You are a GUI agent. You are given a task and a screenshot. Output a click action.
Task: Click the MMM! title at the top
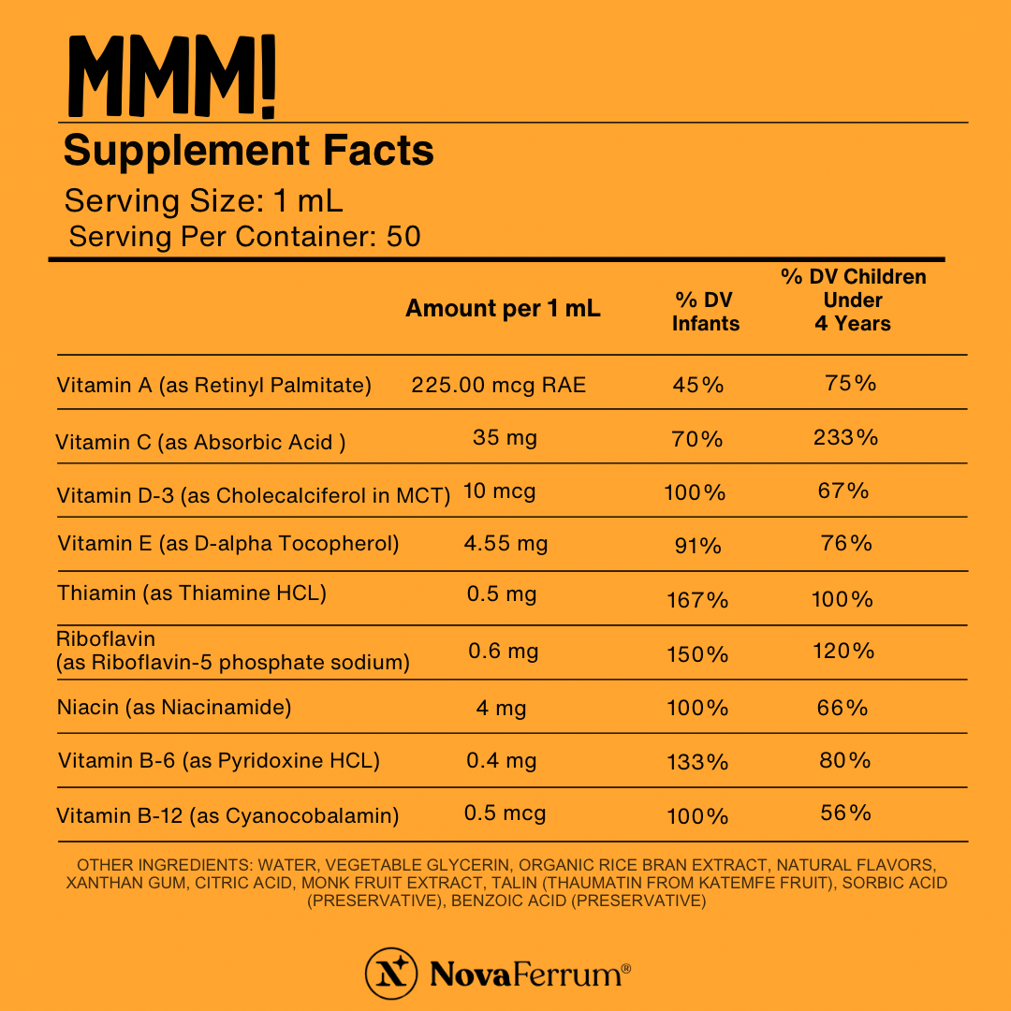point(172,77)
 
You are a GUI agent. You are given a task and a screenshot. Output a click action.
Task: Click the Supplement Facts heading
point(248,151)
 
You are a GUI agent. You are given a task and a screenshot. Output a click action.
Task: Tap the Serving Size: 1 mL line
point(204,201)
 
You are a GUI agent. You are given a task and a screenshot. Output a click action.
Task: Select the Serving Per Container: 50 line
point(244,237)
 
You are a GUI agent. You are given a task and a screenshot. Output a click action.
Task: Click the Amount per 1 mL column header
point(503,309)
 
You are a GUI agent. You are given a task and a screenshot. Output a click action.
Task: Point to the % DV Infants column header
point(705,312)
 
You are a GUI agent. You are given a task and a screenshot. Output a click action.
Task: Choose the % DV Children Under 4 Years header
point(853,300)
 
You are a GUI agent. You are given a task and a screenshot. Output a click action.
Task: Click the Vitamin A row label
point(214,386)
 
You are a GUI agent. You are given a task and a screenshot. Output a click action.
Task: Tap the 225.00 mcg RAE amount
point(498,385)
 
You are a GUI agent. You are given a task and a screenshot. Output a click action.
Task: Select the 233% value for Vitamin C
point(846,437)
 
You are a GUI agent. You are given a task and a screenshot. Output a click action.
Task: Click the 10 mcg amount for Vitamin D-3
point(500,491)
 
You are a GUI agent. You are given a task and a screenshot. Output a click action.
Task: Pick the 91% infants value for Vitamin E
point(697,546)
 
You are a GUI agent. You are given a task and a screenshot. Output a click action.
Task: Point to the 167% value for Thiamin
point(697,600)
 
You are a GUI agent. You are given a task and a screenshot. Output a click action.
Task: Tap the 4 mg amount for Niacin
point(501,709)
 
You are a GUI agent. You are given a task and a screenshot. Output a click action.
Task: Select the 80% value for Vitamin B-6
point(845,760)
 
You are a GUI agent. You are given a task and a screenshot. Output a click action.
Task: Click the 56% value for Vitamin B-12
point(845,813)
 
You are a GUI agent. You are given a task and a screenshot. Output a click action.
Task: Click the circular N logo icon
point(390,974)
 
